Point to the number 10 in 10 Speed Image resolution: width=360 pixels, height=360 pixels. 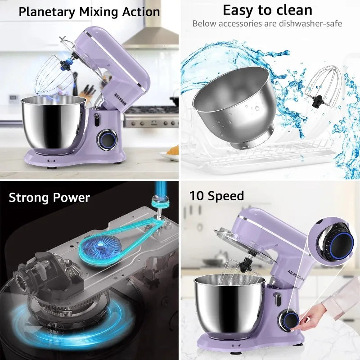[196, 196]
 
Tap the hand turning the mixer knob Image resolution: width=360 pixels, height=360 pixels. [317, 315]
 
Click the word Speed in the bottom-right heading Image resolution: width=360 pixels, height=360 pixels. [227, 196]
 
